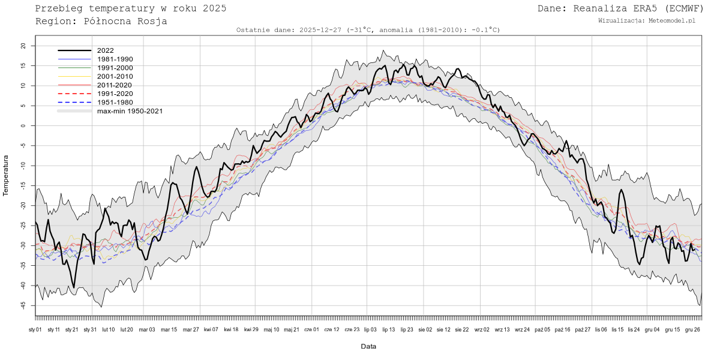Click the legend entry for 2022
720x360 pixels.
pyautogui.click(x=105, y=50)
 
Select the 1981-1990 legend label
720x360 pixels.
pyautogui.click(x=115, y=59)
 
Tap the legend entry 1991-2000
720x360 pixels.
pyautogui.click(x=115, y=68)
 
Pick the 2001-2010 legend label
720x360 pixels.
pyautogui.click(x=115, y=77)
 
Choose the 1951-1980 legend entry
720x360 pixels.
pyautogui.click(x=115, y=103)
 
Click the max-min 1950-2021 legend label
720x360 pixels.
pyautogui.click(x=130, y=111)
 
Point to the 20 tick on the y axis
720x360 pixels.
pyautogui.click(x=23, y=46)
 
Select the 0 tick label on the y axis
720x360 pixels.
pyautogui.click(x=25, y=125)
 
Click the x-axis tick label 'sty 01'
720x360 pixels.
pyautogui.click(x=35, y=329)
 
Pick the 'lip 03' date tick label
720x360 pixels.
pyautogui.click(x=370, y=329)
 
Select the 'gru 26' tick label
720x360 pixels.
pyautogui.click(x=692, y=329)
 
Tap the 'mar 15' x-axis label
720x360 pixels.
pyautogui.click(x=169, y=329)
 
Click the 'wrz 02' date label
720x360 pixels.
pyautogui.click(x=482, y=329)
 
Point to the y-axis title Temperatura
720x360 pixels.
pyautogui.click(x=7, y=175)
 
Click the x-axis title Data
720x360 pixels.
pyautogui.click(x=368, y=347)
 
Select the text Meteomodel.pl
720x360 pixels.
pyautogui.click(x=672, y=20)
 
